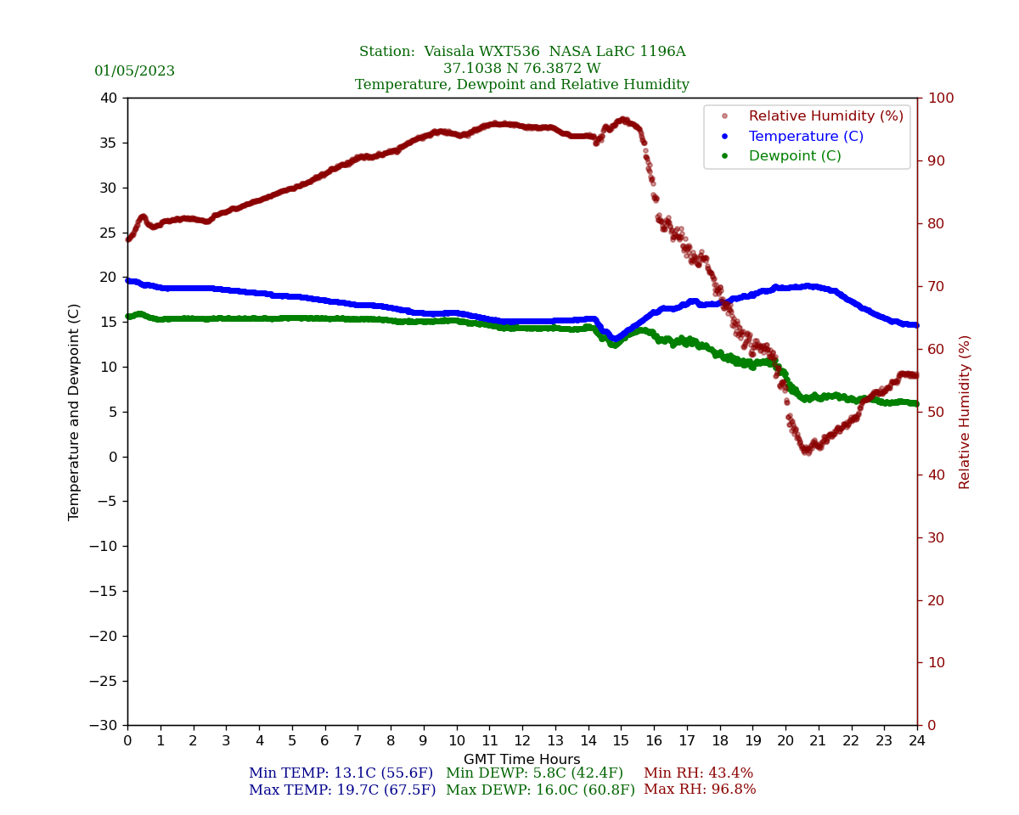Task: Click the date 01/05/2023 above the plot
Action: coord(134,71)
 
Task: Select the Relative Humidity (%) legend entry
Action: coord(825,116)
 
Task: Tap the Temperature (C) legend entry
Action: coord(806,137)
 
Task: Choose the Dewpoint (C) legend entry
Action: coord(795,156)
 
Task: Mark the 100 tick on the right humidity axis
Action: coord(940,98)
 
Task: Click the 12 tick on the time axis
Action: coord(522,741)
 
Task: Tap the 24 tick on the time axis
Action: coord(917,741)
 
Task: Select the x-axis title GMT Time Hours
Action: coord(522,760)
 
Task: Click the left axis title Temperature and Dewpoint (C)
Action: coord(75,412)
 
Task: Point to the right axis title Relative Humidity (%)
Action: coord(966,412)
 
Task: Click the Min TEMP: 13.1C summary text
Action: coord(341,773)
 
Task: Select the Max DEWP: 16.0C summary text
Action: coord(540,790)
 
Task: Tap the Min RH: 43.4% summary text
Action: coord(698,773)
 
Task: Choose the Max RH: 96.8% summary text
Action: coord(700,790)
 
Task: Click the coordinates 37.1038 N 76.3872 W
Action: coord(522,69)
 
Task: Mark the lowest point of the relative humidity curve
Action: coord(807,452)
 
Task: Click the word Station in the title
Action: coord(387,52)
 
